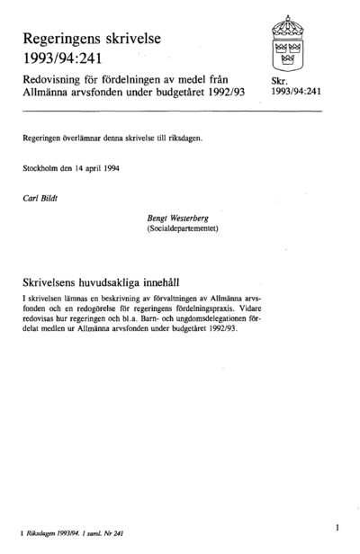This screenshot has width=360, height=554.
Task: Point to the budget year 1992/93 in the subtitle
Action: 224,94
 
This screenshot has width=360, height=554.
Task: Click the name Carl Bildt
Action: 41,196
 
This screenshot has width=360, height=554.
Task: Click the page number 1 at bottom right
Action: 335,523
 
